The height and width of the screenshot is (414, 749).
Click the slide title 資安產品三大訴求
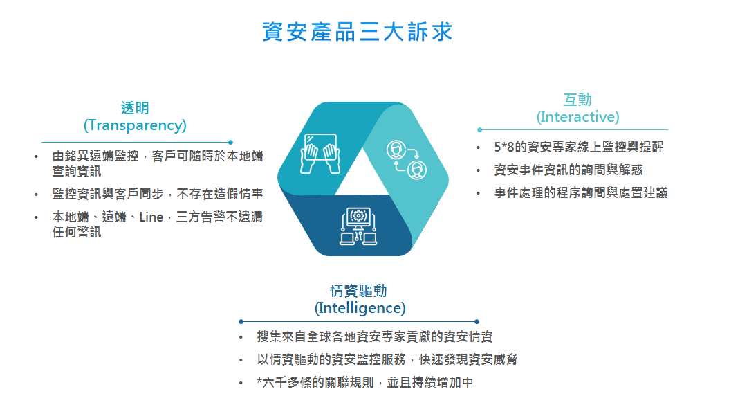click(x=358, y=32)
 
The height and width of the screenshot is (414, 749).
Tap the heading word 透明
click(x=135, y=108)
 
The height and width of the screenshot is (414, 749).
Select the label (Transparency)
click(x=135, y=125)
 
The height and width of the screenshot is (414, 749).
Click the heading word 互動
click(x=577, y=100)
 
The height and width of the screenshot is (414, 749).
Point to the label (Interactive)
click(x=577, y=116)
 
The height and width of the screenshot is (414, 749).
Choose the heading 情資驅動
click(x=358, y=291)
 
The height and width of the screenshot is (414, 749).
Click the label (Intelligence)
click(x=360, y=308)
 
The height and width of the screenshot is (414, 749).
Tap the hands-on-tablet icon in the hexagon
click(x=320, y=154)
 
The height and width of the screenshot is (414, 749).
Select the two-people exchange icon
click(x=407, y=160)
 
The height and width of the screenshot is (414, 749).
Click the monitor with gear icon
click(x=358, y=226)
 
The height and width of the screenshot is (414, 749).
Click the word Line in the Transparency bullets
click(x=151, y=217)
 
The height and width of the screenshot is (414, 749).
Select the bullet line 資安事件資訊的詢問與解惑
click(x=568, y=170)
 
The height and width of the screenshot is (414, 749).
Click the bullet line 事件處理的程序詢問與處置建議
click(x=581, y=192)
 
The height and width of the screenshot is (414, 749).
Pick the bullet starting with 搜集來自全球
click(x=375, y=336)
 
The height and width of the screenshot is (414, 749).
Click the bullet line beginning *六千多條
click(x=365, y=382)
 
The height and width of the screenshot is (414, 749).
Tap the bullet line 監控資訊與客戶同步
click(x=158, y=194)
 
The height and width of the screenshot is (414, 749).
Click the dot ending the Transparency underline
click(x=231, y=143)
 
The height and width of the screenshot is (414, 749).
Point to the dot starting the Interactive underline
click(x=479, y=129)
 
